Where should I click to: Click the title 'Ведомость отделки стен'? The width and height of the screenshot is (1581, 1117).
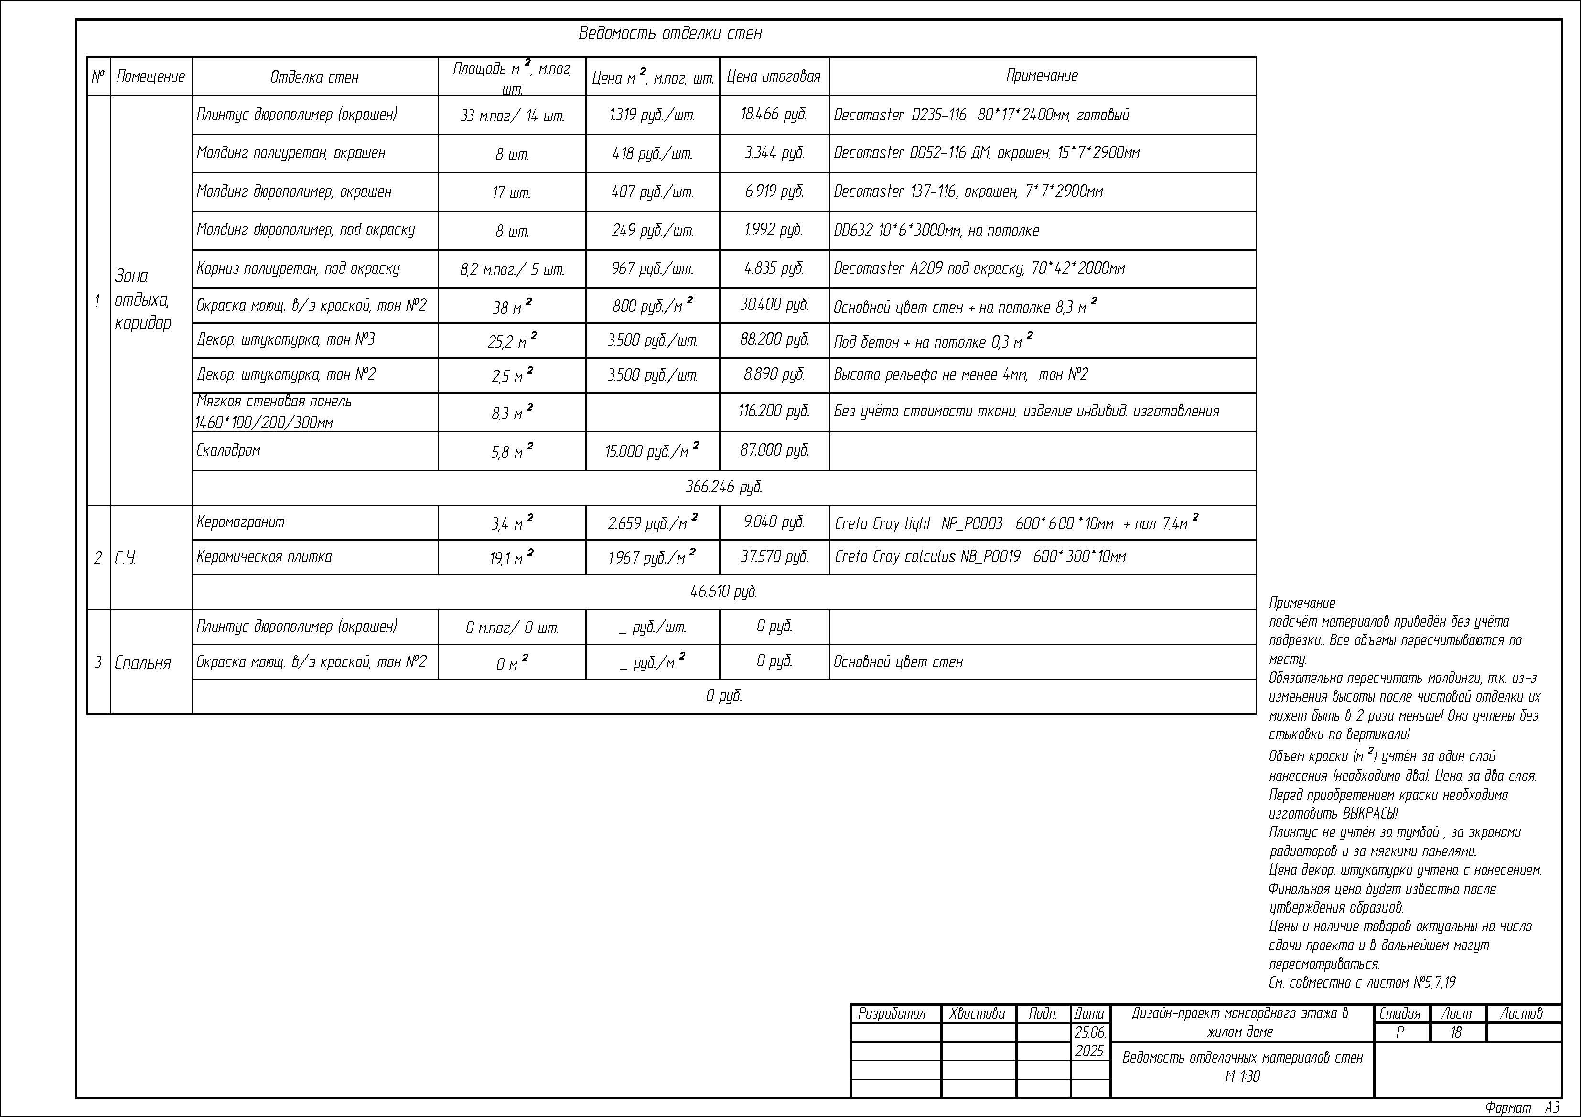(x=670, y=33)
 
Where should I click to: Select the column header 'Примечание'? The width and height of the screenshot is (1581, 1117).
(x=1042, y=76)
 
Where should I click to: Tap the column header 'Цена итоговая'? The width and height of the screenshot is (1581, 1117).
(x=774, y=76)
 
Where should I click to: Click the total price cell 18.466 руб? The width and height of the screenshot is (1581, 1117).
(x=774, y=114)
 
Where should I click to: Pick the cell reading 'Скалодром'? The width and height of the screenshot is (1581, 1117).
(x=228, y=451)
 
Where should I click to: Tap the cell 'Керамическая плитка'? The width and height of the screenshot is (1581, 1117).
(x=264, y=557)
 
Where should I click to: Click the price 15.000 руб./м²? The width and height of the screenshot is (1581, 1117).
(x=651, y=451)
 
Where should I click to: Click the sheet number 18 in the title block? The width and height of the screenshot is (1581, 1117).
(x=1456, y=1032)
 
